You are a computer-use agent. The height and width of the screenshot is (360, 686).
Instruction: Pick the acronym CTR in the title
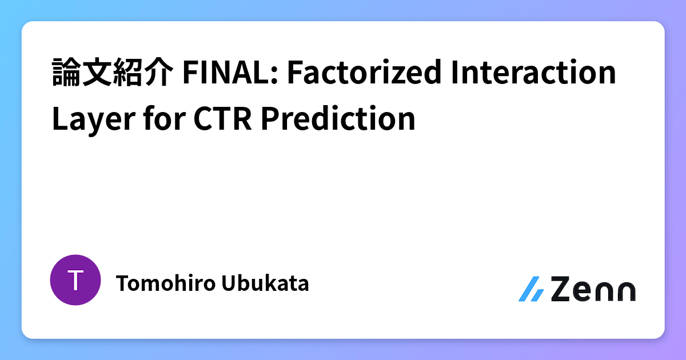219,119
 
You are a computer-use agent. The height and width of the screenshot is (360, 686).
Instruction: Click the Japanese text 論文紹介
112,73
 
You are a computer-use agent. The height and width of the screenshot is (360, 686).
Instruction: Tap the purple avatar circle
75,280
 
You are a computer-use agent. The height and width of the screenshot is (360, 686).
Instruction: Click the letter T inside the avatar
75,280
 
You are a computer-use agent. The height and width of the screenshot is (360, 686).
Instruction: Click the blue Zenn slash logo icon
531,289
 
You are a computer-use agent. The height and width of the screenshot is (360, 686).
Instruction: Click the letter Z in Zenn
563,289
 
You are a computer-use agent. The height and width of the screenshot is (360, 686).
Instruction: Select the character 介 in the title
158,73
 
